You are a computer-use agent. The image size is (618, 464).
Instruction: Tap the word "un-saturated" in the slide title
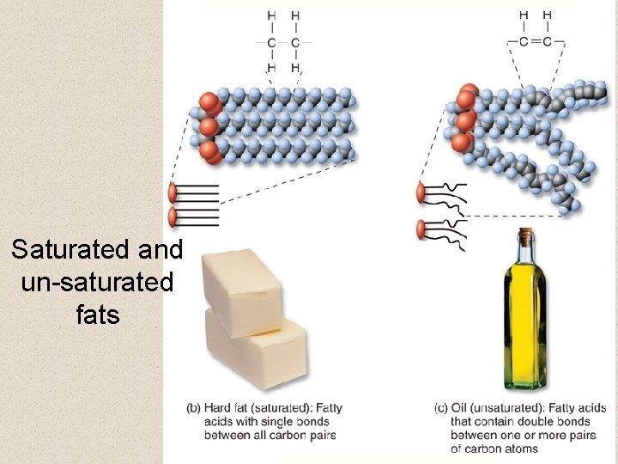[x=96, y=282]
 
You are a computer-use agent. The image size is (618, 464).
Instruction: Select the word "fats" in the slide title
[x=97, y=314]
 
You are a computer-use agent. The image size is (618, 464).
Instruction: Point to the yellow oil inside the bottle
[x=524, y=327]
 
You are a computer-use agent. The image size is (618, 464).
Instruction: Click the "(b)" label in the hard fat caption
[x=194, y=408]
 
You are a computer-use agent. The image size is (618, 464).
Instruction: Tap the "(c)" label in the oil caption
[x=442, y=408]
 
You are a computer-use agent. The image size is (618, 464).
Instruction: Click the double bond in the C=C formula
[x=535, y=40]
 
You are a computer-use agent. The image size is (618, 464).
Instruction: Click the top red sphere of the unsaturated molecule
[x=469, y=92]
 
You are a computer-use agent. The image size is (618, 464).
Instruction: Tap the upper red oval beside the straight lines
[x=173, y=192]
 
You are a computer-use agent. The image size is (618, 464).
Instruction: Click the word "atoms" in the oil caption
[x=520, y=449]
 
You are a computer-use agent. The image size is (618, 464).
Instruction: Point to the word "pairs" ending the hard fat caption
[x=320, y=436]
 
